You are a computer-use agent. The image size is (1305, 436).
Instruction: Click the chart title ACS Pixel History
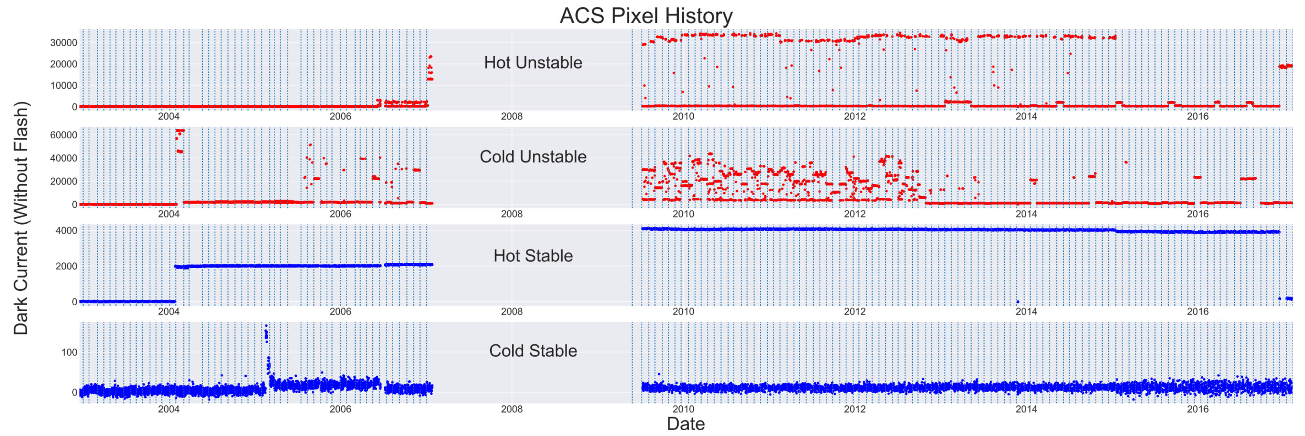(645, 15)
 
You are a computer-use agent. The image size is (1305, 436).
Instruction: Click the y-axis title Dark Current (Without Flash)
(21, 218)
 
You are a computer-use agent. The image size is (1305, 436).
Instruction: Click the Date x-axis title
(685, 424)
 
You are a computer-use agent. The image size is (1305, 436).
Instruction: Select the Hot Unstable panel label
(533, 62)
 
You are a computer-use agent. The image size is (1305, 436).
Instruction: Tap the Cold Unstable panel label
(533, 157)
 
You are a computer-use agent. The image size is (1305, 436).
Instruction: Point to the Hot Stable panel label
(533, 256)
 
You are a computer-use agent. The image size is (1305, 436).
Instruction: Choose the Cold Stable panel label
(533, 350)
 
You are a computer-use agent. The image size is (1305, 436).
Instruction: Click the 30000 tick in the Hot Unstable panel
(64, 43)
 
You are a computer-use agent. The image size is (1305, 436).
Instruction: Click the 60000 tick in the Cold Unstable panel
(64, 135)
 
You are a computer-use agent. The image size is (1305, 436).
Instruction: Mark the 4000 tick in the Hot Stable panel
(66, 231)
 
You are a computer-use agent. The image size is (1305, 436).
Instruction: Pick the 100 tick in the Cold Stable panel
(69, 352)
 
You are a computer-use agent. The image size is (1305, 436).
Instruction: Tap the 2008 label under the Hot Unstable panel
(512, 116)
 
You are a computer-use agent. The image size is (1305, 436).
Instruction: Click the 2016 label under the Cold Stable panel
(1198, 409)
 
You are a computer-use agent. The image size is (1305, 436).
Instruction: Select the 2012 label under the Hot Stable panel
(855, 311)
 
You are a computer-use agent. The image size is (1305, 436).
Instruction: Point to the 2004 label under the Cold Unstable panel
(169, 214)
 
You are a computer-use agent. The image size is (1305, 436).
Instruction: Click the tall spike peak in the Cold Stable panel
(266, 327)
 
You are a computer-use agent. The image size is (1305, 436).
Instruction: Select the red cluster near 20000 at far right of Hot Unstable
(1286, 66)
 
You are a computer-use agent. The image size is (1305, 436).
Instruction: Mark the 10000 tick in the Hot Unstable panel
(64, 86)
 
